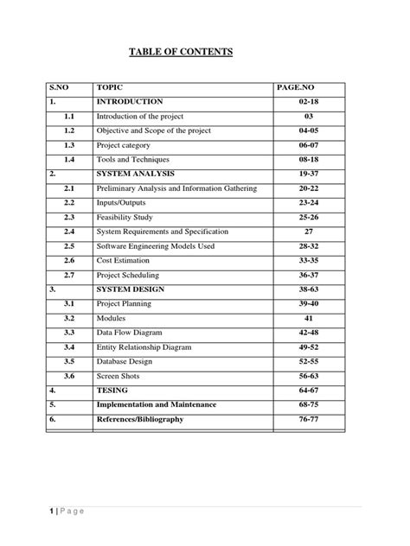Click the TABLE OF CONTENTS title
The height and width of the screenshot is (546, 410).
click(181, 53)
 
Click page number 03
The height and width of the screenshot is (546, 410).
click(309, 116)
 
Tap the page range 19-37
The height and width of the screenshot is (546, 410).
click(309, 174)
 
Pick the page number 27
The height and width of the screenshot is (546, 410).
click(309, 232)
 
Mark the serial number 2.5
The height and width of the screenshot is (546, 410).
click(70, 246)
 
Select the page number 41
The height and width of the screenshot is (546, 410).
click(309, 319)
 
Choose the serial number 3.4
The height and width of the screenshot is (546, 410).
click(70, 347)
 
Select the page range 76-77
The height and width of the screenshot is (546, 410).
click(309, 419)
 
